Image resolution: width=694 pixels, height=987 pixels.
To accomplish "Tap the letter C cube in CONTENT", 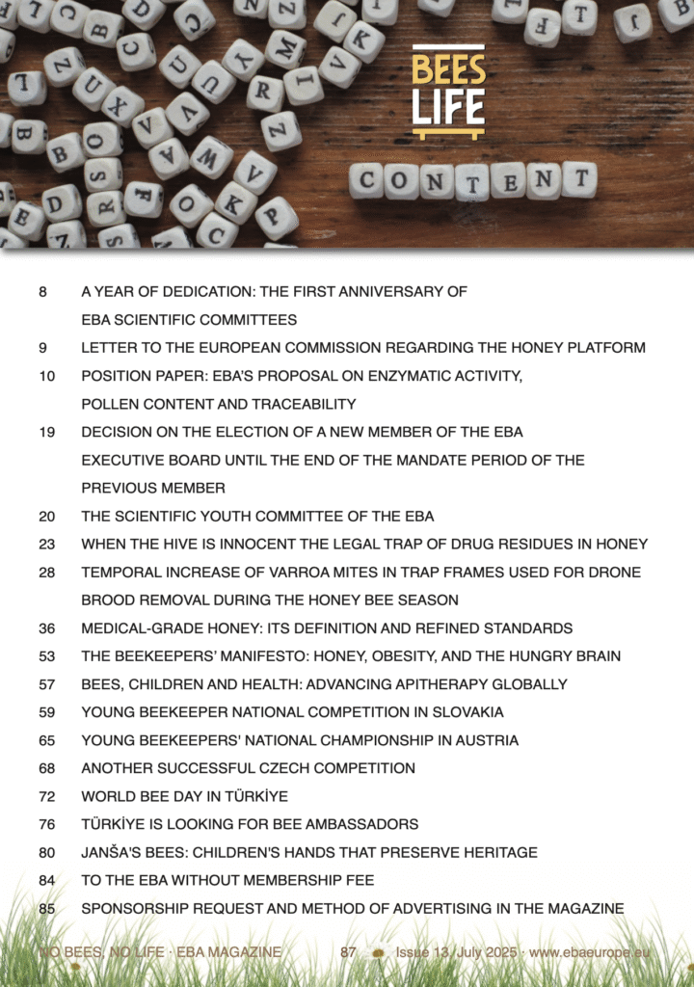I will coord(366,180).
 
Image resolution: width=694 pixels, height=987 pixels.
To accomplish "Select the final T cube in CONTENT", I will coord(579,178).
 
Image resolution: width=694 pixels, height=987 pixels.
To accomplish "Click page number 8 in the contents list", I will coord(43,291).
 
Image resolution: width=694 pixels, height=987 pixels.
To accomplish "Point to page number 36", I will coord(47,628).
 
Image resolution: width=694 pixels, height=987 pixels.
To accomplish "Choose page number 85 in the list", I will coord(47,908).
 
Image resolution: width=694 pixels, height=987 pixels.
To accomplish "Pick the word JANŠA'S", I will coord(110,852).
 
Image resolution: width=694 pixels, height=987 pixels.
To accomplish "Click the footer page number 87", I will coord(348,952).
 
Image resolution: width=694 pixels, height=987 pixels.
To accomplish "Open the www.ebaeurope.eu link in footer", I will coord(589,952).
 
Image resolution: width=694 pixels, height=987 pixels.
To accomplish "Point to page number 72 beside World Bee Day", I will coord(47,796).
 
